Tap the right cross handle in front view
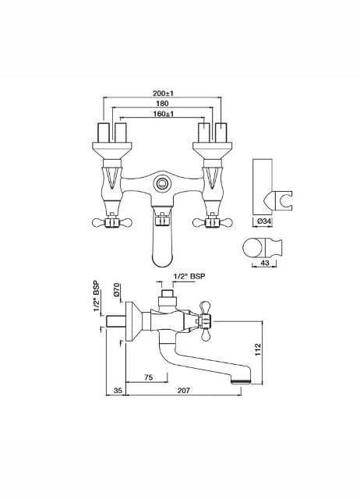click(211, 222)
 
